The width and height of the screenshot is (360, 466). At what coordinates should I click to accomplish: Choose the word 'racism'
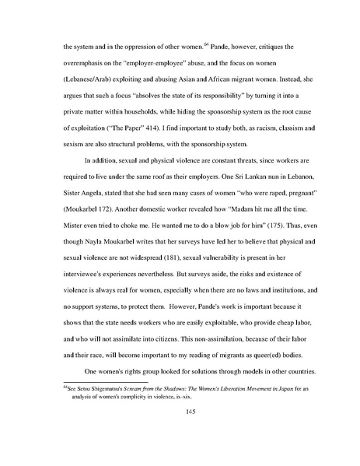click(245, 124)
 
